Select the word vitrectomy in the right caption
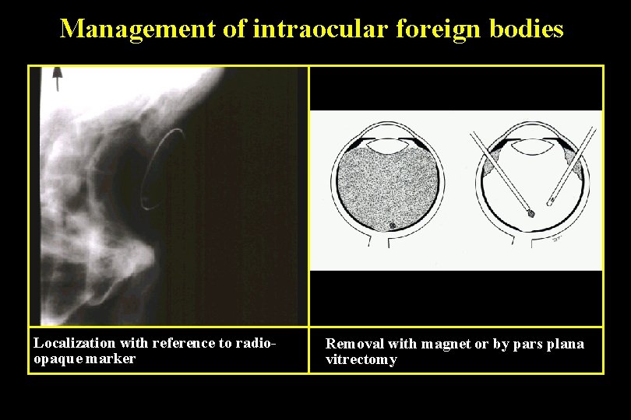[361, 359]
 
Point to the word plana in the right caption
[563, 344]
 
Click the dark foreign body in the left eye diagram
[392, 226]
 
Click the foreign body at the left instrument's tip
[531, 211]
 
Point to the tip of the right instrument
[551, 204]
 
